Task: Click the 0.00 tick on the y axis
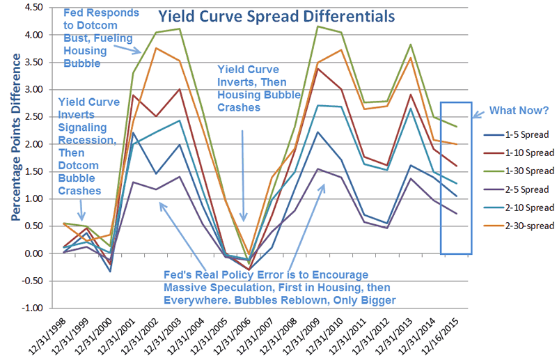tap(37, 253)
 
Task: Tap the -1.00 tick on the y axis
tap(36, 308)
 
